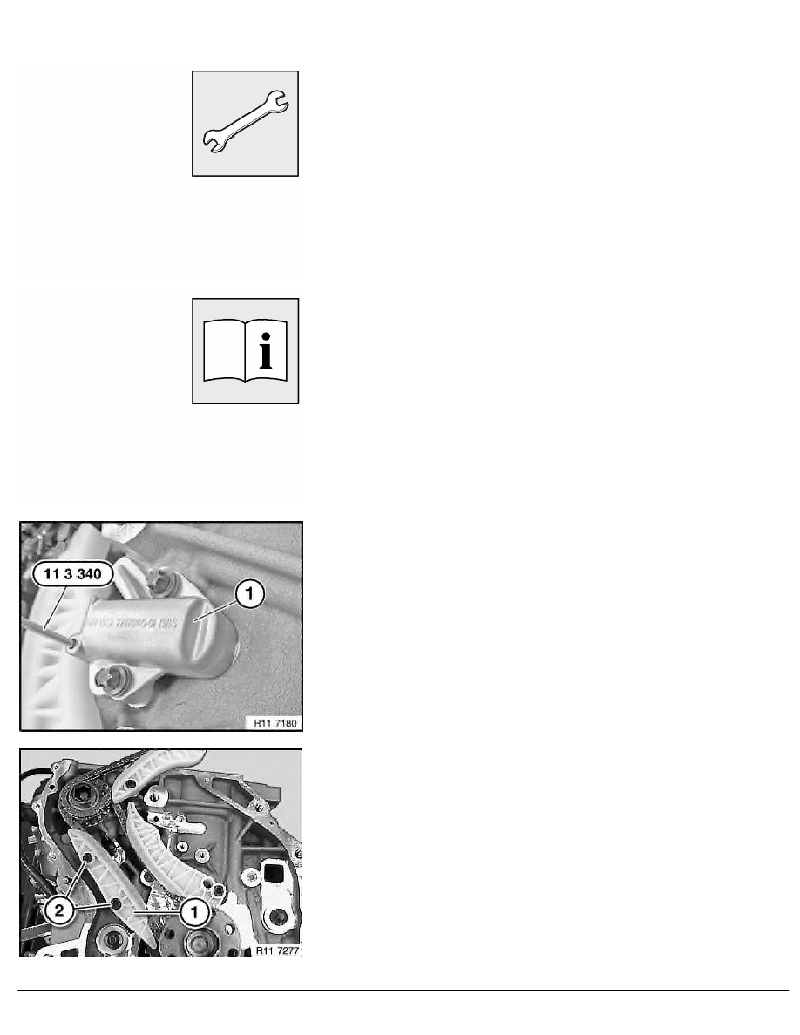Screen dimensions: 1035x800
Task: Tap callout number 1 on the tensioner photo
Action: tap(248, 595)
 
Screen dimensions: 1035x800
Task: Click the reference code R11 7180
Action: tap(273, 721)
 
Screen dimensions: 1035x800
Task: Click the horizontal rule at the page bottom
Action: tap(400, 991)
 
